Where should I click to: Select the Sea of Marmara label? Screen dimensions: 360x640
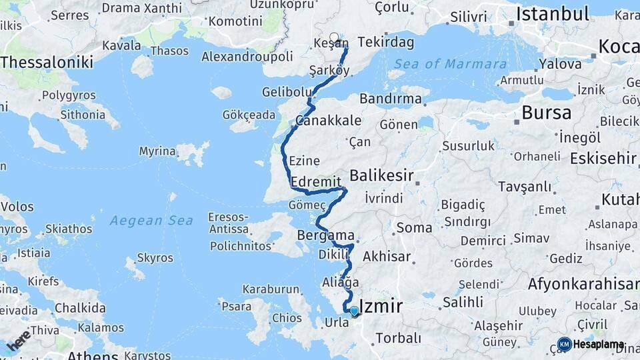(x=450, y=64)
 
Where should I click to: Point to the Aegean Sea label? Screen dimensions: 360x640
(x=151, y=221)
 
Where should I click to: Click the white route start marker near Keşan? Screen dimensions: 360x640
(x=334, y=37)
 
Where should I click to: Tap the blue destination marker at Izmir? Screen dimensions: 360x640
(x=354, y=311)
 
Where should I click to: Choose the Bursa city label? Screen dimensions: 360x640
(x=546, y=112)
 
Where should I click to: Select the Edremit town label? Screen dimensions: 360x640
(x=316, y=181)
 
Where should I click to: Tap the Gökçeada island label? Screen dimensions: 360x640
(x=249, y=115)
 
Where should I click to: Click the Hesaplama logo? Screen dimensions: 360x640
(x=591, y=345)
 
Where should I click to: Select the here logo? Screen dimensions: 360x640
(x=19, y=341)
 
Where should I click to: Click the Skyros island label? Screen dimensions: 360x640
(x=155, y=258)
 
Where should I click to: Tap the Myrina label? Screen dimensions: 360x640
(x=157, y=151)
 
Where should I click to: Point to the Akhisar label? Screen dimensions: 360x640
(x=386, y=255)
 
